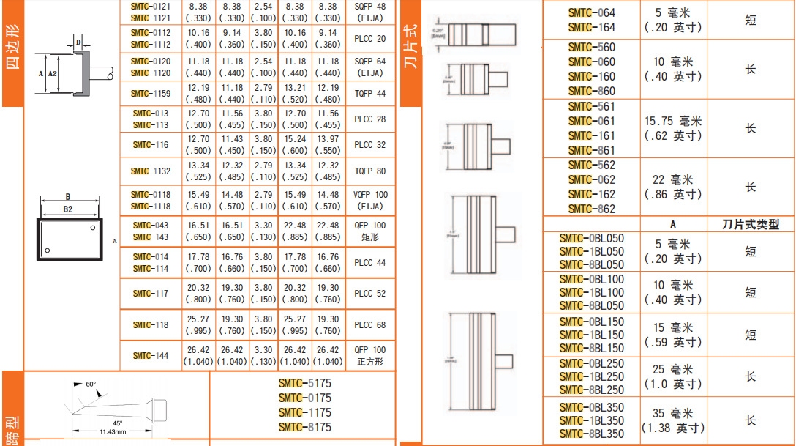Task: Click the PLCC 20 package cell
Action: click(370, 38)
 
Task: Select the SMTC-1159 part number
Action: click(151, 93)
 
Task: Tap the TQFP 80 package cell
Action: click(370, 171)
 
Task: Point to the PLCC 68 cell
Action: click(370, 324)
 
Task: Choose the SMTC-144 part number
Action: click(151, 356)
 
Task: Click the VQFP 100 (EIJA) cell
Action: click(370, 201)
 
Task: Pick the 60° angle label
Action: click(91, 384)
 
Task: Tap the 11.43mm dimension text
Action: click(112, 432)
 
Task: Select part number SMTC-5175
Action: click(304, 383)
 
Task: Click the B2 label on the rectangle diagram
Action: click(68, 209)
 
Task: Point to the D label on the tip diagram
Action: click(79, 42)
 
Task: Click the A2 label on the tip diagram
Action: click(52, 74)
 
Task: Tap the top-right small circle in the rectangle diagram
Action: click(93, 229)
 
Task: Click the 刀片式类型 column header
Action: click(749, 225)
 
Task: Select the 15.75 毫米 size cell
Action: click(673, 128)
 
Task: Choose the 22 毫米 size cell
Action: click(673, 187)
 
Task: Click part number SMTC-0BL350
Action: click(592, 408)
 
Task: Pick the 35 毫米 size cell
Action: click(673, 420)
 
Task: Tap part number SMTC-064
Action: click(592, 12)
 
